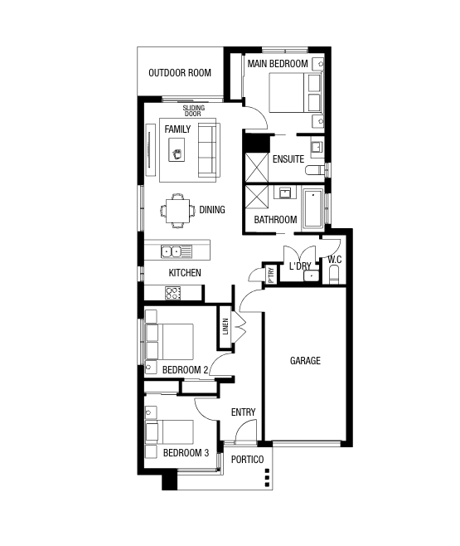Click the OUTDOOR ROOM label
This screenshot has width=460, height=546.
180,73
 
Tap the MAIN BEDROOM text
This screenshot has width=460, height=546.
278,64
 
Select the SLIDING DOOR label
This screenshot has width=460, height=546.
193,110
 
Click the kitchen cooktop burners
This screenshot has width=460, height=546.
173,292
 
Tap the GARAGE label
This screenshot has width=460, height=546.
304,361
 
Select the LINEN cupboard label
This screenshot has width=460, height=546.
225,326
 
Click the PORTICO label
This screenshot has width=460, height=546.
247,459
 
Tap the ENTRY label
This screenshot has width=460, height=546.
243,412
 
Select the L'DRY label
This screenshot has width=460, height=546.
299,266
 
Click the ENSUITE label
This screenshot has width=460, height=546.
288,158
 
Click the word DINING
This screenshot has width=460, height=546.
211,210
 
